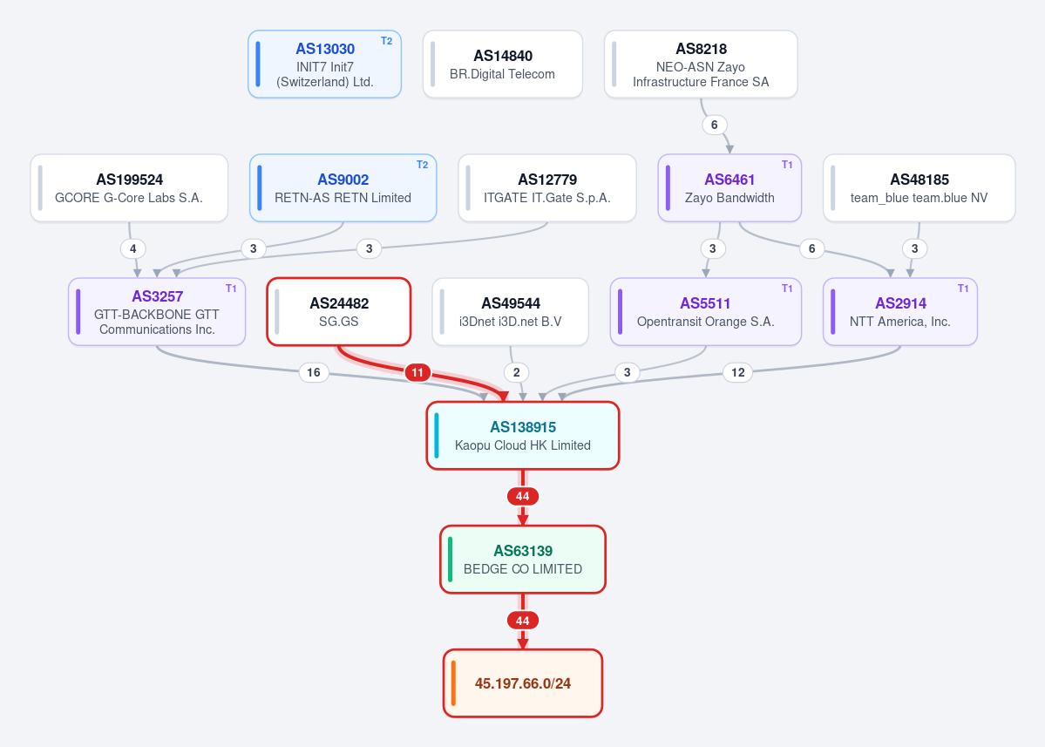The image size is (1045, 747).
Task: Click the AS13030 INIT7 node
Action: point(324,64)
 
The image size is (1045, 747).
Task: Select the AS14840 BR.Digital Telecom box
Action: point(503,64)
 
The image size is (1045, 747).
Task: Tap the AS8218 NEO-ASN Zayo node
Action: point(701,64)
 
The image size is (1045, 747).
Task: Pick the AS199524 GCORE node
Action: point(129,188)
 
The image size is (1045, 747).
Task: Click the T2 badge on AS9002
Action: point(422,165)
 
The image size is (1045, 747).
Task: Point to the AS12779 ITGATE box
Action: point(547,188)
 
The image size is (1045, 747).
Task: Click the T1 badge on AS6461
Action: point(787,165)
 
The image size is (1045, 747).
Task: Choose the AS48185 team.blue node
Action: point(919,188)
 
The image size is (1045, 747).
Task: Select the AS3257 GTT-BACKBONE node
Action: point(157,312)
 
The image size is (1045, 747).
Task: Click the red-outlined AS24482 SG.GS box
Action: point(338,312)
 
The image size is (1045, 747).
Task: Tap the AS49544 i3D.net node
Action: point(511,312)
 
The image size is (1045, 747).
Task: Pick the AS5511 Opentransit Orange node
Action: point(706,312)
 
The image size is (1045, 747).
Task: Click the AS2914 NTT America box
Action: point(900,312)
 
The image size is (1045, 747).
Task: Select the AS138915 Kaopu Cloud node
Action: point(523,436)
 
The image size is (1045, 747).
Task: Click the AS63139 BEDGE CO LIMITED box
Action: point(523,560)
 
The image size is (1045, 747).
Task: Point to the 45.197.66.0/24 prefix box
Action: point(523,683)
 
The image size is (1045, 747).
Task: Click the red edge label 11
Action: point(417,372)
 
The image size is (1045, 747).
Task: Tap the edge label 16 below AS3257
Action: point(313,372)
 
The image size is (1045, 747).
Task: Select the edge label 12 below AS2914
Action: point(737,372)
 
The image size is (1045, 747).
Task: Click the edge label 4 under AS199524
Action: point(132,248)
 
